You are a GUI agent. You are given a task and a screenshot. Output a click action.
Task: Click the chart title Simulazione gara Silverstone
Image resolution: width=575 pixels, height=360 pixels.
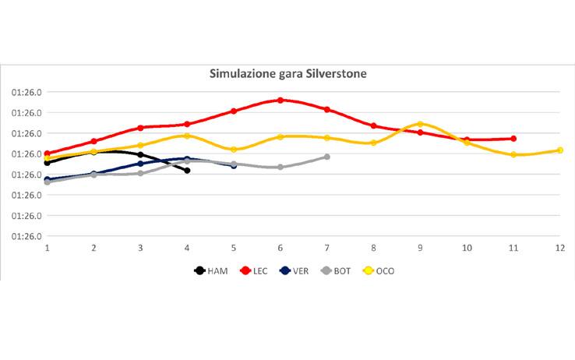287,74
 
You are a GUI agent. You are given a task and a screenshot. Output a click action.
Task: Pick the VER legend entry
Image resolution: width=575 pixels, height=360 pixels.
299,270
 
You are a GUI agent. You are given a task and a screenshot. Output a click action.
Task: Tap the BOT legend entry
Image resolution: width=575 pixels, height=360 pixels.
341,270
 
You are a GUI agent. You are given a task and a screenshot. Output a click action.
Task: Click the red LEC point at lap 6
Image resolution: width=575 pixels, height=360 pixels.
280,100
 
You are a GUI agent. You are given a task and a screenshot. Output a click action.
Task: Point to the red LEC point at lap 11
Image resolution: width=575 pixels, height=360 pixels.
513,139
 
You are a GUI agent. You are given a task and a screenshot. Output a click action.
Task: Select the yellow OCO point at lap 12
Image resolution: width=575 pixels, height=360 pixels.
560,150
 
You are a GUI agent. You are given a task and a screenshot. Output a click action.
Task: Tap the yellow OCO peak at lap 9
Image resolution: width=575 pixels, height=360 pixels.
420,124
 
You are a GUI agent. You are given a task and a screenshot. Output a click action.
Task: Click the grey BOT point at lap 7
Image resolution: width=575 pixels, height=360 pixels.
327,157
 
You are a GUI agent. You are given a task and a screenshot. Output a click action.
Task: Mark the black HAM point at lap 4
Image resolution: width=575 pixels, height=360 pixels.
187,170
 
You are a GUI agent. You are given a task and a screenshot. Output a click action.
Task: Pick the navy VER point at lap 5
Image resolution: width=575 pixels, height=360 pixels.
234,165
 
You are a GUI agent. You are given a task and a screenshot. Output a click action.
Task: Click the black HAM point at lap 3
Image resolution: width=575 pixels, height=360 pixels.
140,155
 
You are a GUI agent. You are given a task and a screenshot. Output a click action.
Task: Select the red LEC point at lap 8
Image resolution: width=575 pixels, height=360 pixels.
374,125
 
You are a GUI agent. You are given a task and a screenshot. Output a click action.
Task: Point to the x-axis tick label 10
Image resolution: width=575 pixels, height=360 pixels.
467,248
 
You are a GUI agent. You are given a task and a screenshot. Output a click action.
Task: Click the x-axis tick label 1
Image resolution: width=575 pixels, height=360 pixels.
48,248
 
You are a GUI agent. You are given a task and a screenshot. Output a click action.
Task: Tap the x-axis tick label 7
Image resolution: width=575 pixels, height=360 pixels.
327,248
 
